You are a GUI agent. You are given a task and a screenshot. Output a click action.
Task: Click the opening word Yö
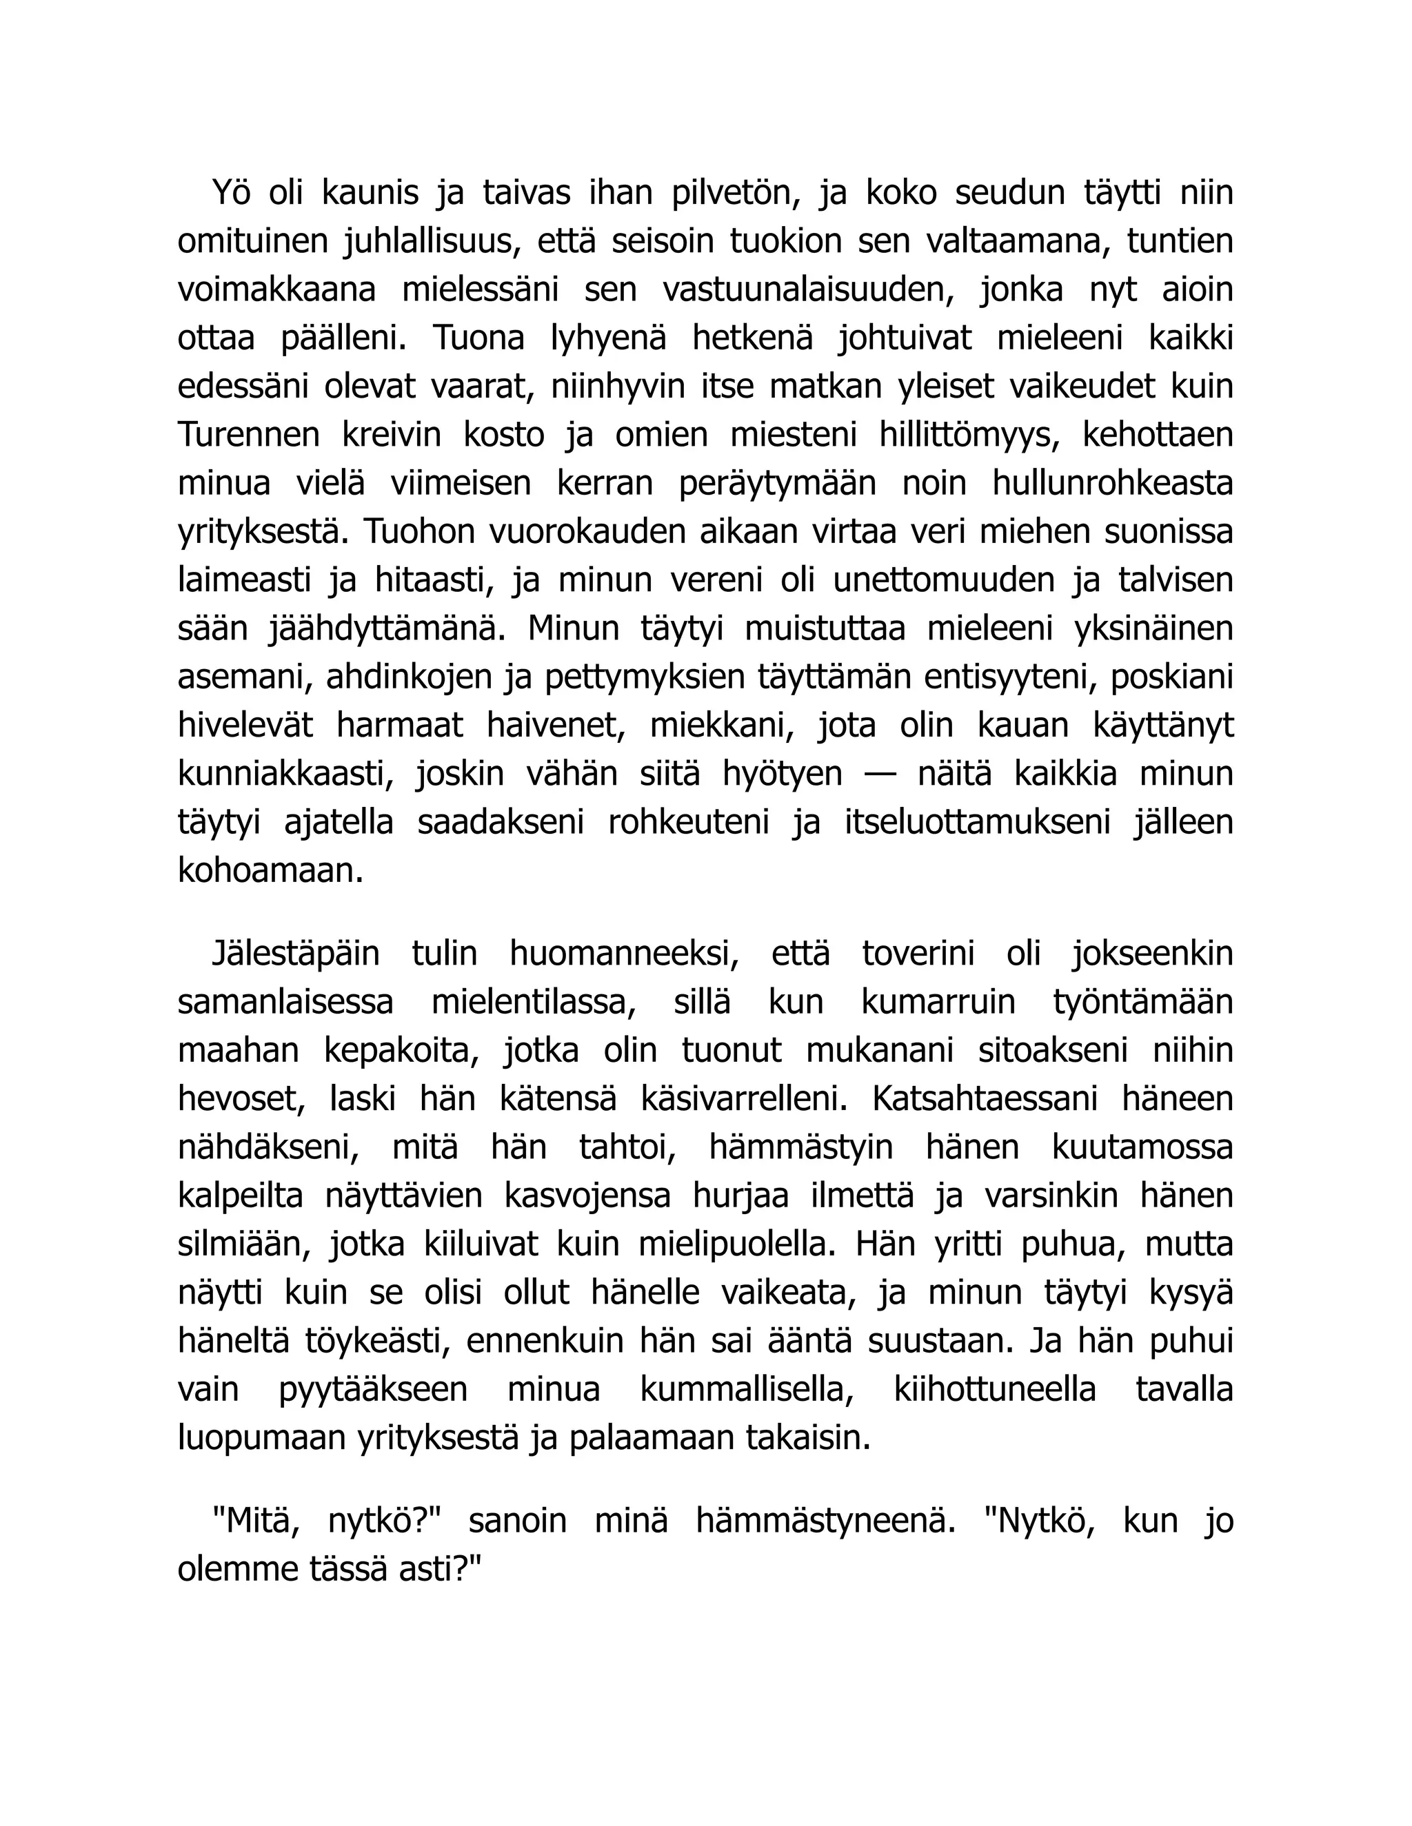(232, 193)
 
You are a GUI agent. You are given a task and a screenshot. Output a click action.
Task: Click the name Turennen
(248, 435)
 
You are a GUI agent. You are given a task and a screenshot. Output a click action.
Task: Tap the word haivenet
(556, 726)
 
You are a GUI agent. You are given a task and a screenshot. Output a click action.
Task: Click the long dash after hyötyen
(879, 775)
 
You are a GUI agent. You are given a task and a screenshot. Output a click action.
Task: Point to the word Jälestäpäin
(295, 954)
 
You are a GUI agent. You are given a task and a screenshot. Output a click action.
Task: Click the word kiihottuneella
(995, 1391)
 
